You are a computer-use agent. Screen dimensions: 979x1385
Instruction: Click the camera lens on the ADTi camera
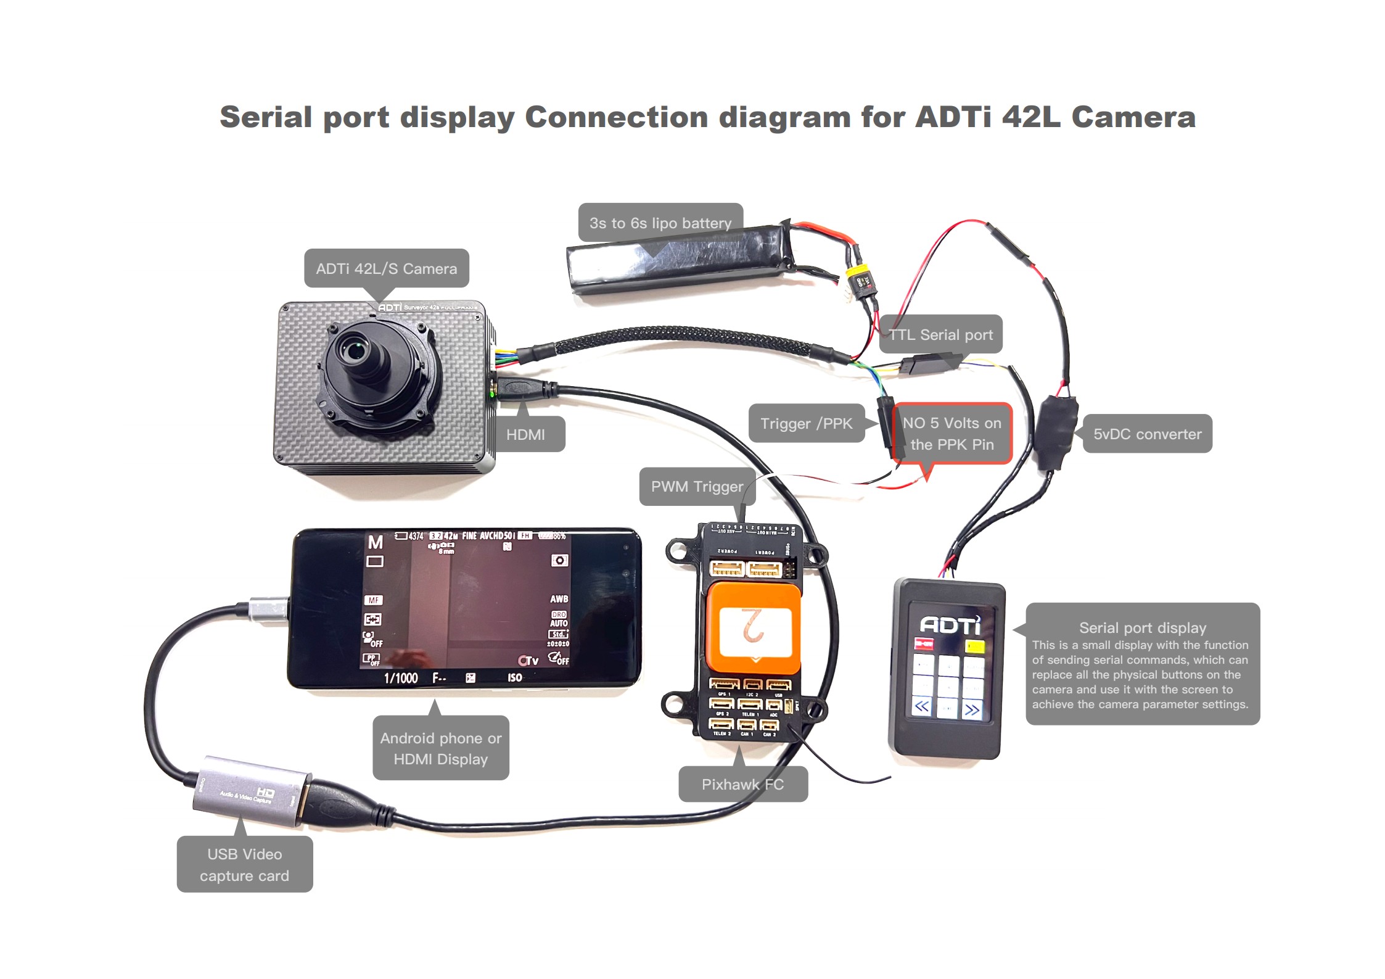tap(354, 352)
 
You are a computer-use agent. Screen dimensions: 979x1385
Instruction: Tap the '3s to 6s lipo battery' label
tap(660, 223)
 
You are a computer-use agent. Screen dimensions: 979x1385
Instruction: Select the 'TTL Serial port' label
tap(940, 334)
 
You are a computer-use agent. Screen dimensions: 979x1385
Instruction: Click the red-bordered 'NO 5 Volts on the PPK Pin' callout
tap(951, 433)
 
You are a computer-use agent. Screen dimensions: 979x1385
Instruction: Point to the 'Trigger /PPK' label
tap(806, 423)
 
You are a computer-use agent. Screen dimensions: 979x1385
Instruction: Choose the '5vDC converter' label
tap(1147, 434)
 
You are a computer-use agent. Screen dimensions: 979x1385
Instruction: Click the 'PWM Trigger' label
tap(697, 486)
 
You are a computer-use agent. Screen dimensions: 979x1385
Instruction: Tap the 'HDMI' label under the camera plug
tap(525, 434)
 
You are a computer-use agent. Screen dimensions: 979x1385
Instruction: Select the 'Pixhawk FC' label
tap(742, 784)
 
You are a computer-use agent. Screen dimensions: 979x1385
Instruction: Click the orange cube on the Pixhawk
tap(754, 629)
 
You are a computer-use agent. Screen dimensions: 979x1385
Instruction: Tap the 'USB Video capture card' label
tap(244, 864)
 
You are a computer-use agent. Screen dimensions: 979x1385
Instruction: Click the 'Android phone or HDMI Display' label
tap(440, 748)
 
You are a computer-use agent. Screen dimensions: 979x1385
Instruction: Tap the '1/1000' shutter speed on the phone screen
tap(401, 678)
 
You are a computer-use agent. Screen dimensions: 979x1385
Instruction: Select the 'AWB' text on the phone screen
tap(559, 598)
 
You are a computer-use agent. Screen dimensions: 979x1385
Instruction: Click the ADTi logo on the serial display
tap(950, 626)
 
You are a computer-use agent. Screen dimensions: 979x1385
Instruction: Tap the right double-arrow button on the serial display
tap(972, 709)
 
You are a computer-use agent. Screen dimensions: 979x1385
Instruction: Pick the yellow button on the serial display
tap(975, 646)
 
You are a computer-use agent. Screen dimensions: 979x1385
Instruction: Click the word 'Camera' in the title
tap(1133, 117)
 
